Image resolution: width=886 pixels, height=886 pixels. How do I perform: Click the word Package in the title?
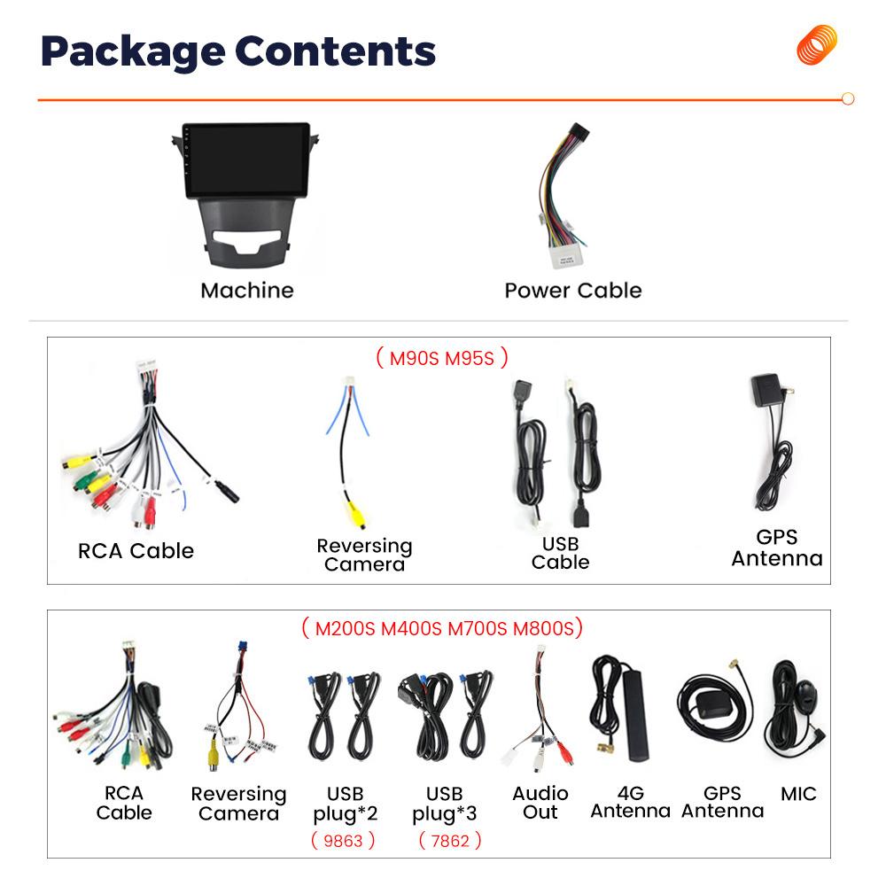point(133,52)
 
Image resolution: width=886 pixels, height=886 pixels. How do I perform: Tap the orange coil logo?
point(817,44)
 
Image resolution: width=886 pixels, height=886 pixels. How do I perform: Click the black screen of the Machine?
point(247,159)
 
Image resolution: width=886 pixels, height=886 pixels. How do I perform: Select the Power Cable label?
point(573,291)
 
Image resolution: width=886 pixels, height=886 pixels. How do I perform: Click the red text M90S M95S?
point(441,358)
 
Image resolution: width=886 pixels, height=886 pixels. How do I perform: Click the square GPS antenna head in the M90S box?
point(766,389)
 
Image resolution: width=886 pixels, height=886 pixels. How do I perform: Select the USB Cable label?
point(560,553)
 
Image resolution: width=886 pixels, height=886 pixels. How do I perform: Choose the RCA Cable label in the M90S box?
point(136,551)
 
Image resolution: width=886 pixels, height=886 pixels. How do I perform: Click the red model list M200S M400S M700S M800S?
point(442,628)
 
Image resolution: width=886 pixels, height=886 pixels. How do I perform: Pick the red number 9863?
point(343,841)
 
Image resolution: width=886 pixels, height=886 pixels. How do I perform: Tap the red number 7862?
point(450,841)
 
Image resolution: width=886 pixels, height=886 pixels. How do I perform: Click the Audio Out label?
point(540,803)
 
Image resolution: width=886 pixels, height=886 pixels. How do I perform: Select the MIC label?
point(798,794)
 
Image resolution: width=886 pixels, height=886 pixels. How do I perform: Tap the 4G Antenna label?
point(631,803)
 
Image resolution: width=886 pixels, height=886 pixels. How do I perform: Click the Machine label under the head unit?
point(247,291)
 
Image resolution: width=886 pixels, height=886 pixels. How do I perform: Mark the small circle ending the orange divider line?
point(848,99)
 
